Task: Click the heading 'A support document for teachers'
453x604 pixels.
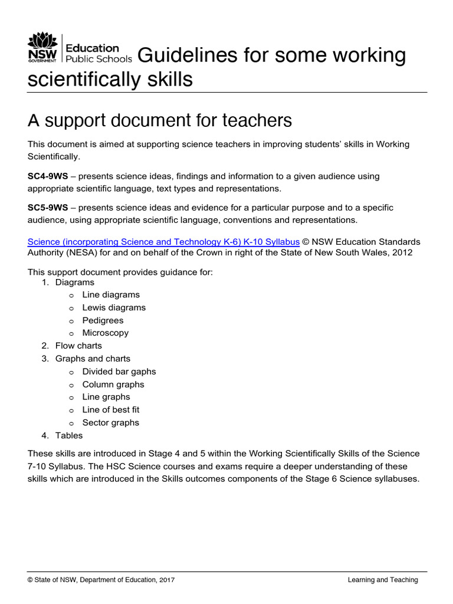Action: (x=160, y=120)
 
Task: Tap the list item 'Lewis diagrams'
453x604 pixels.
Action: (x=114, y=307)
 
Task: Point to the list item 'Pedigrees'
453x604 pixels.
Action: (x=103, y=320)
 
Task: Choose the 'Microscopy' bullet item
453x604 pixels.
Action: (x=105, y=333)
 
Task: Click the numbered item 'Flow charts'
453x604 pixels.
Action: (x=78, y=346)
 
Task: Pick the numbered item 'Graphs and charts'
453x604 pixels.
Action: (x=93, y=359)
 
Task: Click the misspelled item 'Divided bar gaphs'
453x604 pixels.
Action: (x=119, y=372)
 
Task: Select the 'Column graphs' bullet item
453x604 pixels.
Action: (x=113, y=385)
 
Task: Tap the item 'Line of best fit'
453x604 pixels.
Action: (x=111, y=409)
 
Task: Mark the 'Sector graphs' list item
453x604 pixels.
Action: (x=111, y=422)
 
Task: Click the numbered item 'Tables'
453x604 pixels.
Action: (x=69, y=435)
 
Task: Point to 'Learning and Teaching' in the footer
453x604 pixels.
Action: (x=382, y=580)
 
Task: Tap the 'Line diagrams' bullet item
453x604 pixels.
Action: (x=111, y=294)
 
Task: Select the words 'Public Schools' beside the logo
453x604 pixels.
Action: (x=99, y=59)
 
